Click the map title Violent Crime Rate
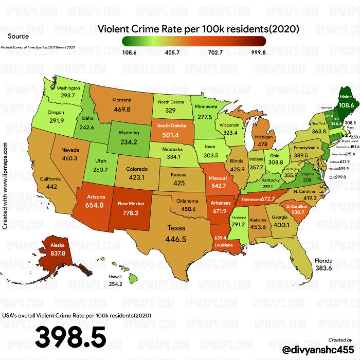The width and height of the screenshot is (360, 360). (199, 29)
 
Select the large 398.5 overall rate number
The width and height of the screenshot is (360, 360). (70, 337)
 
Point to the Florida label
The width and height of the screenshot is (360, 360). (323, 261)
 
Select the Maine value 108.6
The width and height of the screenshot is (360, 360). (346, 105)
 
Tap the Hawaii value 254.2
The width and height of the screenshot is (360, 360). (115, 284)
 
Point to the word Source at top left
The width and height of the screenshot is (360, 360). (18, 36)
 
